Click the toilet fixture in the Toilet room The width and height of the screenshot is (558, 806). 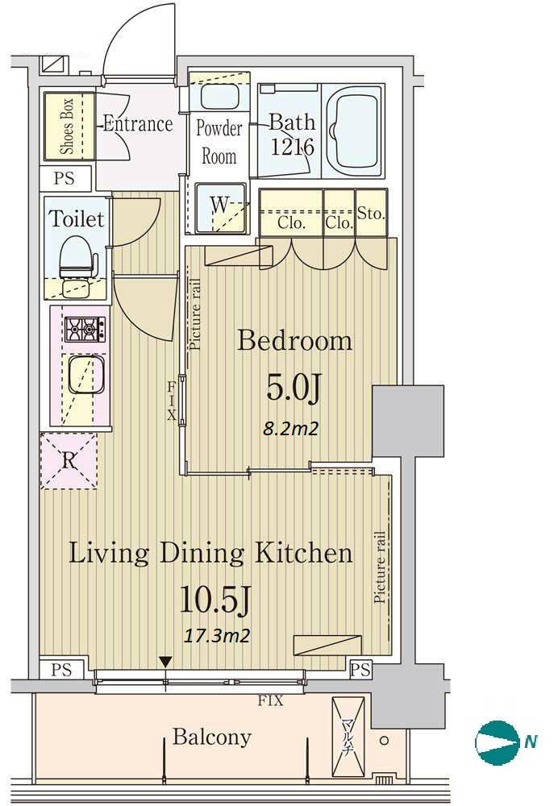click(77, 256)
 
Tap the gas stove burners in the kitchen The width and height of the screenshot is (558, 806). click(85, 329)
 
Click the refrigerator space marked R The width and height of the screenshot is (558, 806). click(69, 460)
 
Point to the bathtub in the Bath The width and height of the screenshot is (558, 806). click(353, 131)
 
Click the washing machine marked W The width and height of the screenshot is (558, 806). click(220, 207)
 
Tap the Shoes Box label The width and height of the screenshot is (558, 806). click(68, 127)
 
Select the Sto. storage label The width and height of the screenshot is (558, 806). click(371, 213)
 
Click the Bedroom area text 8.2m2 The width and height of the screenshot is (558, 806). click(290, 428)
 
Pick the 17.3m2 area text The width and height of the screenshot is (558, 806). click(217, 636)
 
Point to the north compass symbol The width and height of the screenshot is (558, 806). click(498, 742)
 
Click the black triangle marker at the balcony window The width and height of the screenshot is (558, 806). click(165, 662)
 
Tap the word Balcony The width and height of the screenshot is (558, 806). click(211, 737)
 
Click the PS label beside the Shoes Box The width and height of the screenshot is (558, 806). click(65, 178)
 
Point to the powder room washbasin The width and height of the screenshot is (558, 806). click(219, 96)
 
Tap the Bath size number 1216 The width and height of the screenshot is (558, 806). click(292, 147)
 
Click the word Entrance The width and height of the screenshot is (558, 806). click(138, 124)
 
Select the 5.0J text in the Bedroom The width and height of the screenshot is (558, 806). click(294, 388)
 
